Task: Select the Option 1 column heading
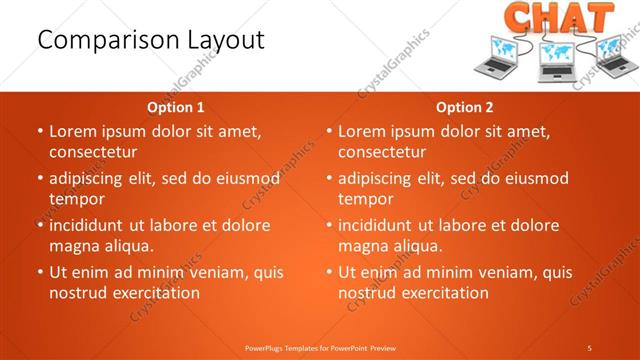pyautogui.click(x=176, y=107)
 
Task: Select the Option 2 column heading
pyautogui.click(x=465, y=107)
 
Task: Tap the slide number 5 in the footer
pyautogui.click(x=590, y=347)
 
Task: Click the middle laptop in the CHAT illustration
pyautogui.click(x=556, y=62)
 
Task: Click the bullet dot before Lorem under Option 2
pyautogui.click(x=330, y=132)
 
